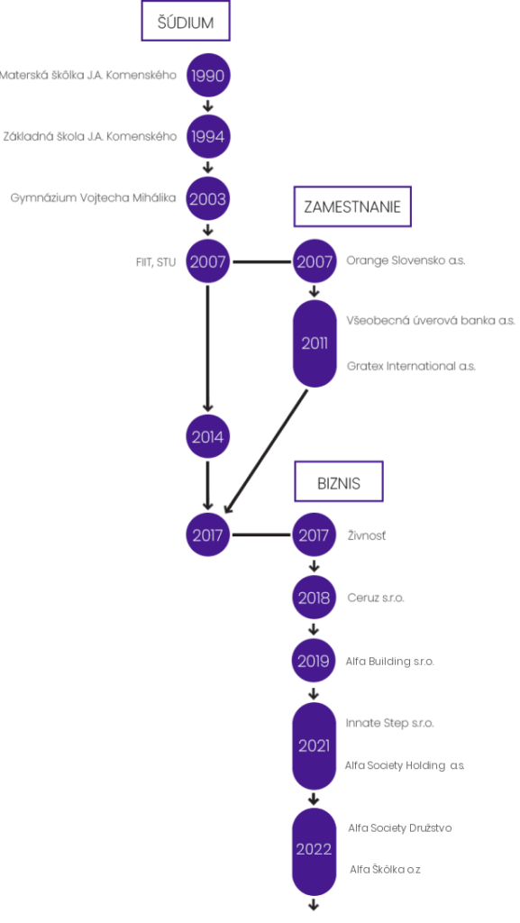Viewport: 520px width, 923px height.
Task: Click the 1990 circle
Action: coord(207,76)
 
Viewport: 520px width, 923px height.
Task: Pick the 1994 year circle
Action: coord(207,137)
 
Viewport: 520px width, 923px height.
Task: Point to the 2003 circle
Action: coord(207,198)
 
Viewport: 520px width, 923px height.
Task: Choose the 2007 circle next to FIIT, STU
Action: coord(207,261)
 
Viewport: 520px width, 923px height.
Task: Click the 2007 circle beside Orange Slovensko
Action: coord(315,261)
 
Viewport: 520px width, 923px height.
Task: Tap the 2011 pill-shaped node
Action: coord(315,343)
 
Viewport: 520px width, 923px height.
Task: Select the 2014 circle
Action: coord(207,437)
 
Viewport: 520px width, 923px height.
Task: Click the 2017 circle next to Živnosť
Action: coord(315,535)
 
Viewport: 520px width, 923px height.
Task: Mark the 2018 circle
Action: coord(315,598)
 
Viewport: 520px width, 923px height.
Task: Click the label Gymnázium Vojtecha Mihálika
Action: coord(93,198)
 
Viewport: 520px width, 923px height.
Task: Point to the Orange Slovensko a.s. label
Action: coord(406,260)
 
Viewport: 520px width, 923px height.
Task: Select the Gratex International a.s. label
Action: coord(411,366)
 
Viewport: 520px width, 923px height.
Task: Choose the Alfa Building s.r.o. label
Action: coord(390,662)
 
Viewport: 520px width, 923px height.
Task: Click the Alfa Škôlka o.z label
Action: coord(386,870)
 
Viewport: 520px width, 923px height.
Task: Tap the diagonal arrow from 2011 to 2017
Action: coord(266,451)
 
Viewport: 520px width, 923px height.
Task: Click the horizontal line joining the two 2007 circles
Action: coord(261,261)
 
